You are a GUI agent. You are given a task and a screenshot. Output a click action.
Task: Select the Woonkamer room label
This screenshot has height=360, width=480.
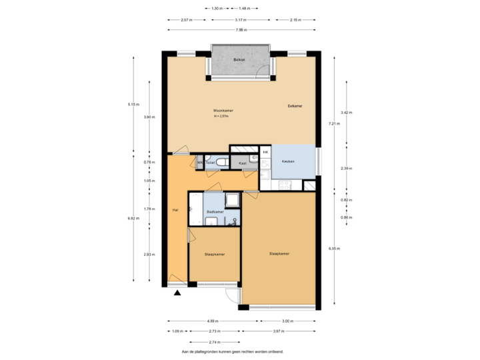[223, 110]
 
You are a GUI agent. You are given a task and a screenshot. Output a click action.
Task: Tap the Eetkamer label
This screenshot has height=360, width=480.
[295, 106]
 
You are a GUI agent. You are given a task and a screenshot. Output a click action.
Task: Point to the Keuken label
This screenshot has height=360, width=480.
[288, 161]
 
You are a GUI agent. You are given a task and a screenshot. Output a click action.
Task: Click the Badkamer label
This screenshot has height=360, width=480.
[215, 212]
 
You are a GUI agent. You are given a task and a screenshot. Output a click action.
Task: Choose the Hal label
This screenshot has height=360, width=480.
[175, 210]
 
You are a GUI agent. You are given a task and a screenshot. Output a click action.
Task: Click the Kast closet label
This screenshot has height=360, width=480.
[243, 162]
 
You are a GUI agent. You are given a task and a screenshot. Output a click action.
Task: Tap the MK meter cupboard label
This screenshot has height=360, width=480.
[200, 162]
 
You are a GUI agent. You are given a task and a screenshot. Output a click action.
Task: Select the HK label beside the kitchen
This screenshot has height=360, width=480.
[265, 153]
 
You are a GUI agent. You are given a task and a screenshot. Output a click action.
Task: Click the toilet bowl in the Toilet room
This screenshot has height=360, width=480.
[225, 162]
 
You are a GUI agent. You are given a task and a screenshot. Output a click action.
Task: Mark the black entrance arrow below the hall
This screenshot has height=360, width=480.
[177, 291]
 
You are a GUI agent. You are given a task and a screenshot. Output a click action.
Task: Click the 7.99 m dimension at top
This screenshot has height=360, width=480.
[241, 30]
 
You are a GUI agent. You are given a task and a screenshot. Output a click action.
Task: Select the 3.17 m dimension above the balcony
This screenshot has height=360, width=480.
[241, 20]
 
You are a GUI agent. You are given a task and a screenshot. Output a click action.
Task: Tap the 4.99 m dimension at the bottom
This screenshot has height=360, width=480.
[210, 321]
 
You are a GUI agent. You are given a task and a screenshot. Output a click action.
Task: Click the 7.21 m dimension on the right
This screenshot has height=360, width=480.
[331, 124]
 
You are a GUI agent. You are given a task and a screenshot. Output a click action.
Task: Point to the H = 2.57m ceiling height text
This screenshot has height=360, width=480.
[221, 116]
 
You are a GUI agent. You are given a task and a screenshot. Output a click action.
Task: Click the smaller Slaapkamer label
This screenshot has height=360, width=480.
[214, 254]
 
